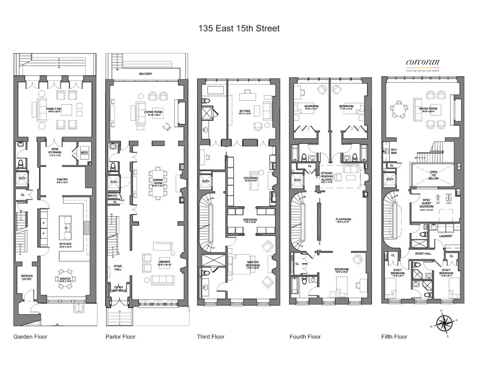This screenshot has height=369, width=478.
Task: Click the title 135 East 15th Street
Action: (239, 28)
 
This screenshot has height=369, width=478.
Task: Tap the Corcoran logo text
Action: (422, 62)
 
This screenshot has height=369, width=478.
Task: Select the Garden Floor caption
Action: (30, 337)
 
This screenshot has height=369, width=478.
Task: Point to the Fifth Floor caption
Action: (394, 337)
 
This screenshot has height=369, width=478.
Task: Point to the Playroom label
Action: (343, 219)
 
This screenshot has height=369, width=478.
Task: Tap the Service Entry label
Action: (27, 277)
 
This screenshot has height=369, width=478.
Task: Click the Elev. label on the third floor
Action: (206, 182)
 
